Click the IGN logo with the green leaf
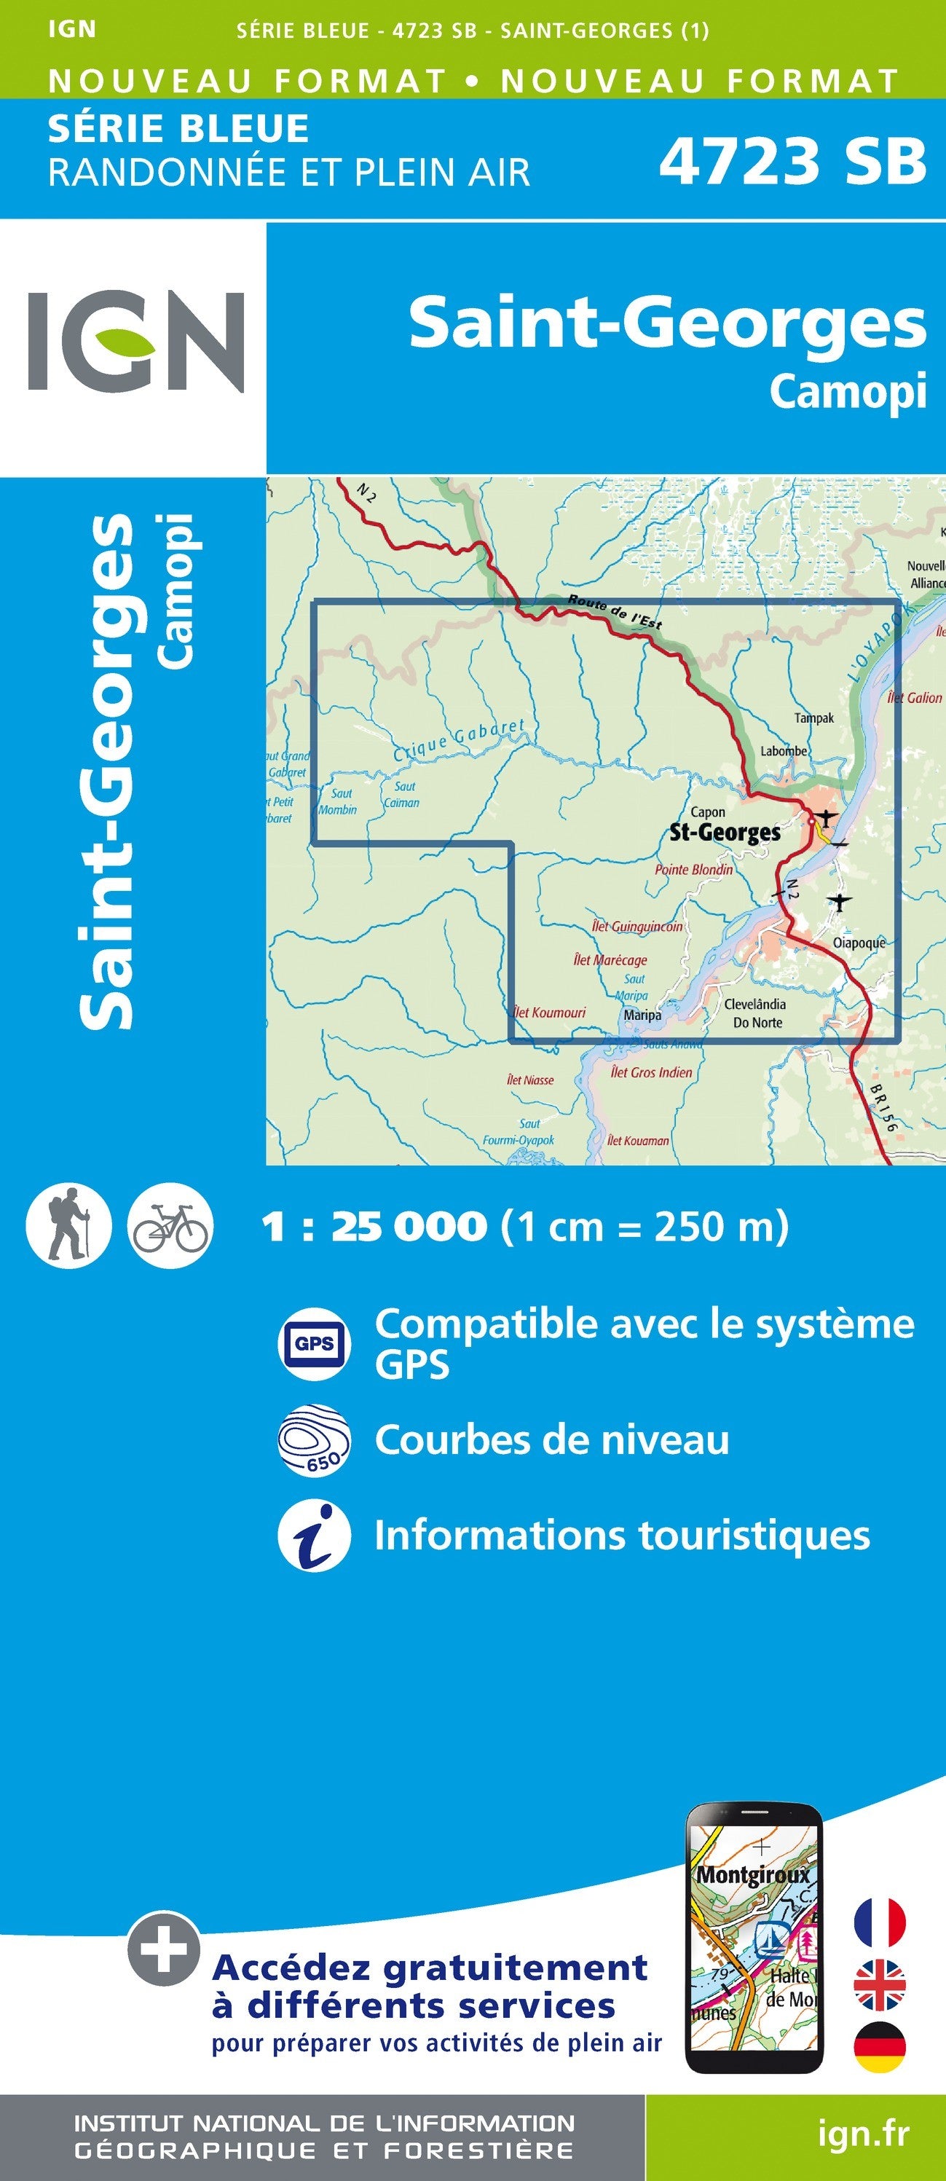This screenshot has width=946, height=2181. click(135, 341)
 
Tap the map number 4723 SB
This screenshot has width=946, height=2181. click(792, 161)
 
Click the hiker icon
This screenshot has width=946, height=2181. click(68, 1225)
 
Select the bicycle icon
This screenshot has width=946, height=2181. click(170, 1225)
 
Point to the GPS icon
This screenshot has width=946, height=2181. click(314, 1343)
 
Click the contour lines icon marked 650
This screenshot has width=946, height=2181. click(314, 1440)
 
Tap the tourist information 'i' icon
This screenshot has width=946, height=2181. click(314, 1536)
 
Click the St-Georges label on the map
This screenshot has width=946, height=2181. click(725, 833)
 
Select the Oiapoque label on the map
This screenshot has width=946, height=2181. click(859, 943)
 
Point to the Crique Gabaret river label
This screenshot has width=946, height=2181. click(460, 740)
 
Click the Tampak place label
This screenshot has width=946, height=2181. click(814, 718)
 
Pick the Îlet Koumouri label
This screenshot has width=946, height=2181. click(550, 1012)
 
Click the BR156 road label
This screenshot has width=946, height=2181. click(882, 1107)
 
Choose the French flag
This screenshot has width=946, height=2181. click(880, 1921)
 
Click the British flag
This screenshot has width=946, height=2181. click(880, 1984)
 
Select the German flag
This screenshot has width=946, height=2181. click(880, 2046)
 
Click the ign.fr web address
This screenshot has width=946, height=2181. click(863, 2134)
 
